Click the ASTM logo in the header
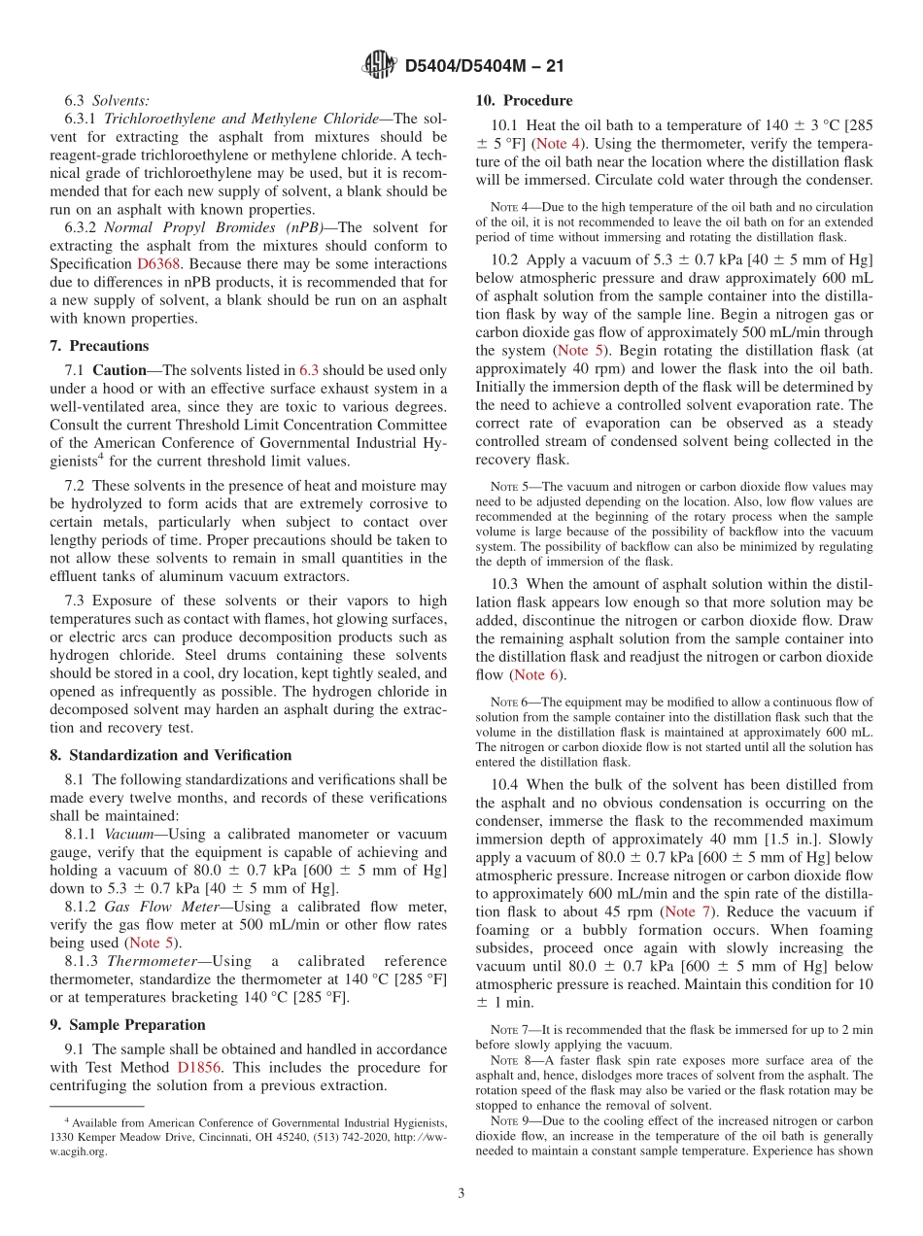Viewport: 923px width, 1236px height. click(379, 65)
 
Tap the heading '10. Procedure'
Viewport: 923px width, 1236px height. click(524, 100)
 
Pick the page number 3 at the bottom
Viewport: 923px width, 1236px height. click(461, 1193)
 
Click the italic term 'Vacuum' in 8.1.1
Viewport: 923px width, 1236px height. click(127, 834)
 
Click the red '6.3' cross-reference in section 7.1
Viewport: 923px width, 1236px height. click(308, 370)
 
